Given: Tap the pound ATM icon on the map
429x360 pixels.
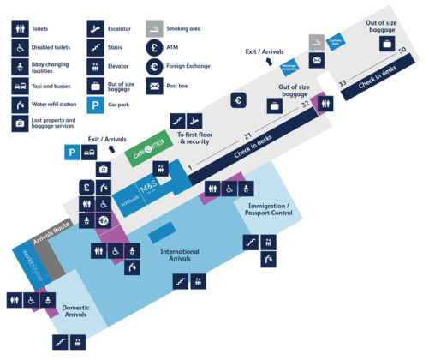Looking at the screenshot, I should click(x=86, y=186).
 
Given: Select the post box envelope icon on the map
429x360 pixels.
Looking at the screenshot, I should click(x=317, y=60).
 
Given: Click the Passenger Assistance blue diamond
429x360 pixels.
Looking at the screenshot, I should click(x=288, y=66).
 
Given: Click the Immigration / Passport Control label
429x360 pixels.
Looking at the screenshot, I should click(x=270, y=211).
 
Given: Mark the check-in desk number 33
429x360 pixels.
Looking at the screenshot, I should click(x=343, y=83).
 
